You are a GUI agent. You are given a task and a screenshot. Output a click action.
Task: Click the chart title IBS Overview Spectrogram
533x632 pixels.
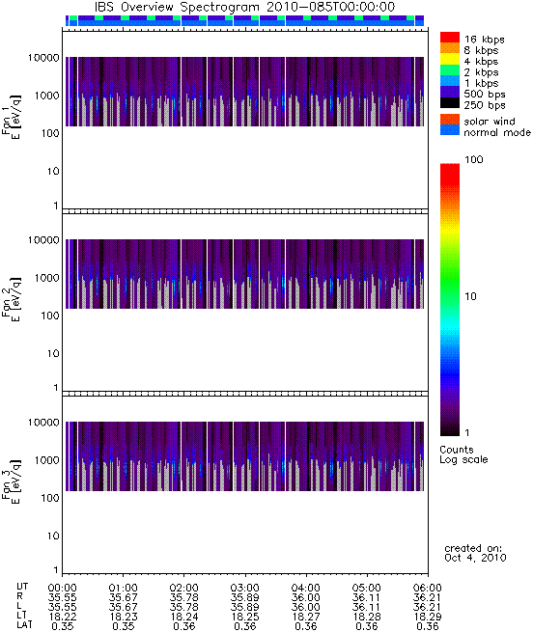click(x=177, y=7)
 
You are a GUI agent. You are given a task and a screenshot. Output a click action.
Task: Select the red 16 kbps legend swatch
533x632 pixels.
click(x=450, y=37)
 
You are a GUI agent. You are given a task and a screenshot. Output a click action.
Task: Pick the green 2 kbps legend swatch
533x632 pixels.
click(x=450, y=70)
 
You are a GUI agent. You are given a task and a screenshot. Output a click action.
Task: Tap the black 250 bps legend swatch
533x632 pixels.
click(x=450, y=103)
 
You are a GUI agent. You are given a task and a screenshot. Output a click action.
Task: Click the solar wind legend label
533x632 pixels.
click(x=490, y=122)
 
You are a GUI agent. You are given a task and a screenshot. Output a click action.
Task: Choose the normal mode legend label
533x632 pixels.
click(x=497, y=132)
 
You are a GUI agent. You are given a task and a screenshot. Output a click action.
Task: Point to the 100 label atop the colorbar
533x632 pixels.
click(x=474, y=159)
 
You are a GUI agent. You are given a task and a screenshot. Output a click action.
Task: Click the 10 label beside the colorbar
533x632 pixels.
click(x=471, y=296)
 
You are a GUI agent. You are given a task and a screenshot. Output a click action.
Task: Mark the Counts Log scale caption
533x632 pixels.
click(x=463, y=454)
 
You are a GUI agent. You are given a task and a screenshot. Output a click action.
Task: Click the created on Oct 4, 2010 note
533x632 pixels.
click(x=475, y=553)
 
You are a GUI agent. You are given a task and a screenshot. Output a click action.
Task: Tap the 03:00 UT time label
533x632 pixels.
click(x=244, y=588)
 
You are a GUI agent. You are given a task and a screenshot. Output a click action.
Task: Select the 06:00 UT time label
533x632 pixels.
click(x=428, y=588)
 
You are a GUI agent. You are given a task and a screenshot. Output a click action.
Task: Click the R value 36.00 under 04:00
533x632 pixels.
click(x=305, y=597)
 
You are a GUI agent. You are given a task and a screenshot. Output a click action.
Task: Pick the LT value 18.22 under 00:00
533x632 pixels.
click(x=63, y=617)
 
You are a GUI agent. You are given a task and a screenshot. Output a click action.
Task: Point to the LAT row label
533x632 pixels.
click(x=24, y=625)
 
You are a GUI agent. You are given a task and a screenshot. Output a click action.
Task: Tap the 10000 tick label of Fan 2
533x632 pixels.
click(x=43, y=240)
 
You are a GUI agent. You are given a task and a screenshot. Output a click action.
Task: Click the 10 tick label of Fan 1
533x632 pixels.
click(x=53, y=172)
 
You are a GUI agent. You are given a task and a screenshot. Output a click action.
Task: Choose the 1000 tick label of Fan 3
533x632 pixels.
click(x=46, y=460)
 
